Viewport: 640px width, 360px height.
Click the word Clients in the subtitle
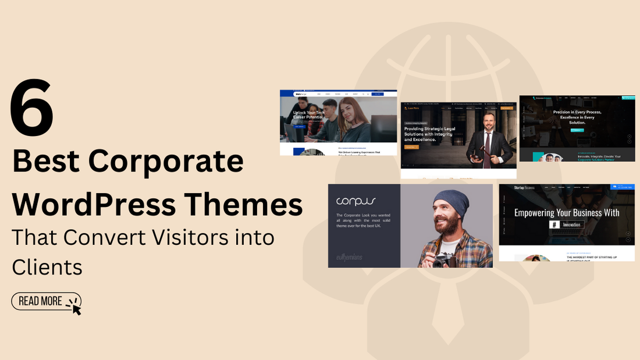pos(47,267)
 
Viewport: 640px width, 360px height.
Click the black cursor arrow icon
pos(75,306)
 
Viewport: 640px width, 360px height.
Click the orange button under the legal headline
pos(411,148)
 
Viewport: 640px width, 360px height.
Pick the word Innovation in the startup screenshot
pos(571,224)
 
